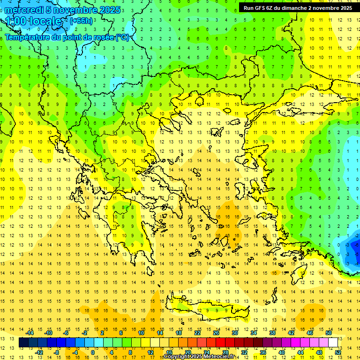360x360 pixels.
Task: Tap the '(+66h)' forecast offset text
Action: click(x=81, y=21)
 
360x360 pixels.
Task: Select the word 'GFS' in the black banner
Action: click(x=258, y=8)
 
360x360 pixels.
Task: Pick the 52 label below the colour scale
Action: click(x=338, y=352)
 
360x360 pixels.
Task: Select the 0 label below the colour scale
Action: click(x=93, y=352)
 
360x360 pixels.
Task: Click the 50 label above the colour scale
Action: click(x=329, y=333)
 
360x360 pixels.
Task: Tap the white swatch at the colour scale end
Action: click(x=333, y=343)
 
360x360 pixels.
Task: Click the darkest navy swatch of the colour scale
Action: click(x=23, y=343)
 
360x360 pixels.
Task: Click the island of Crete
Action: click(x=211, y=309)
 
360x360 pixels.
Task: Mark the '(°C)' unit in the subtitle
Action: click(x=122, y=37)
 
